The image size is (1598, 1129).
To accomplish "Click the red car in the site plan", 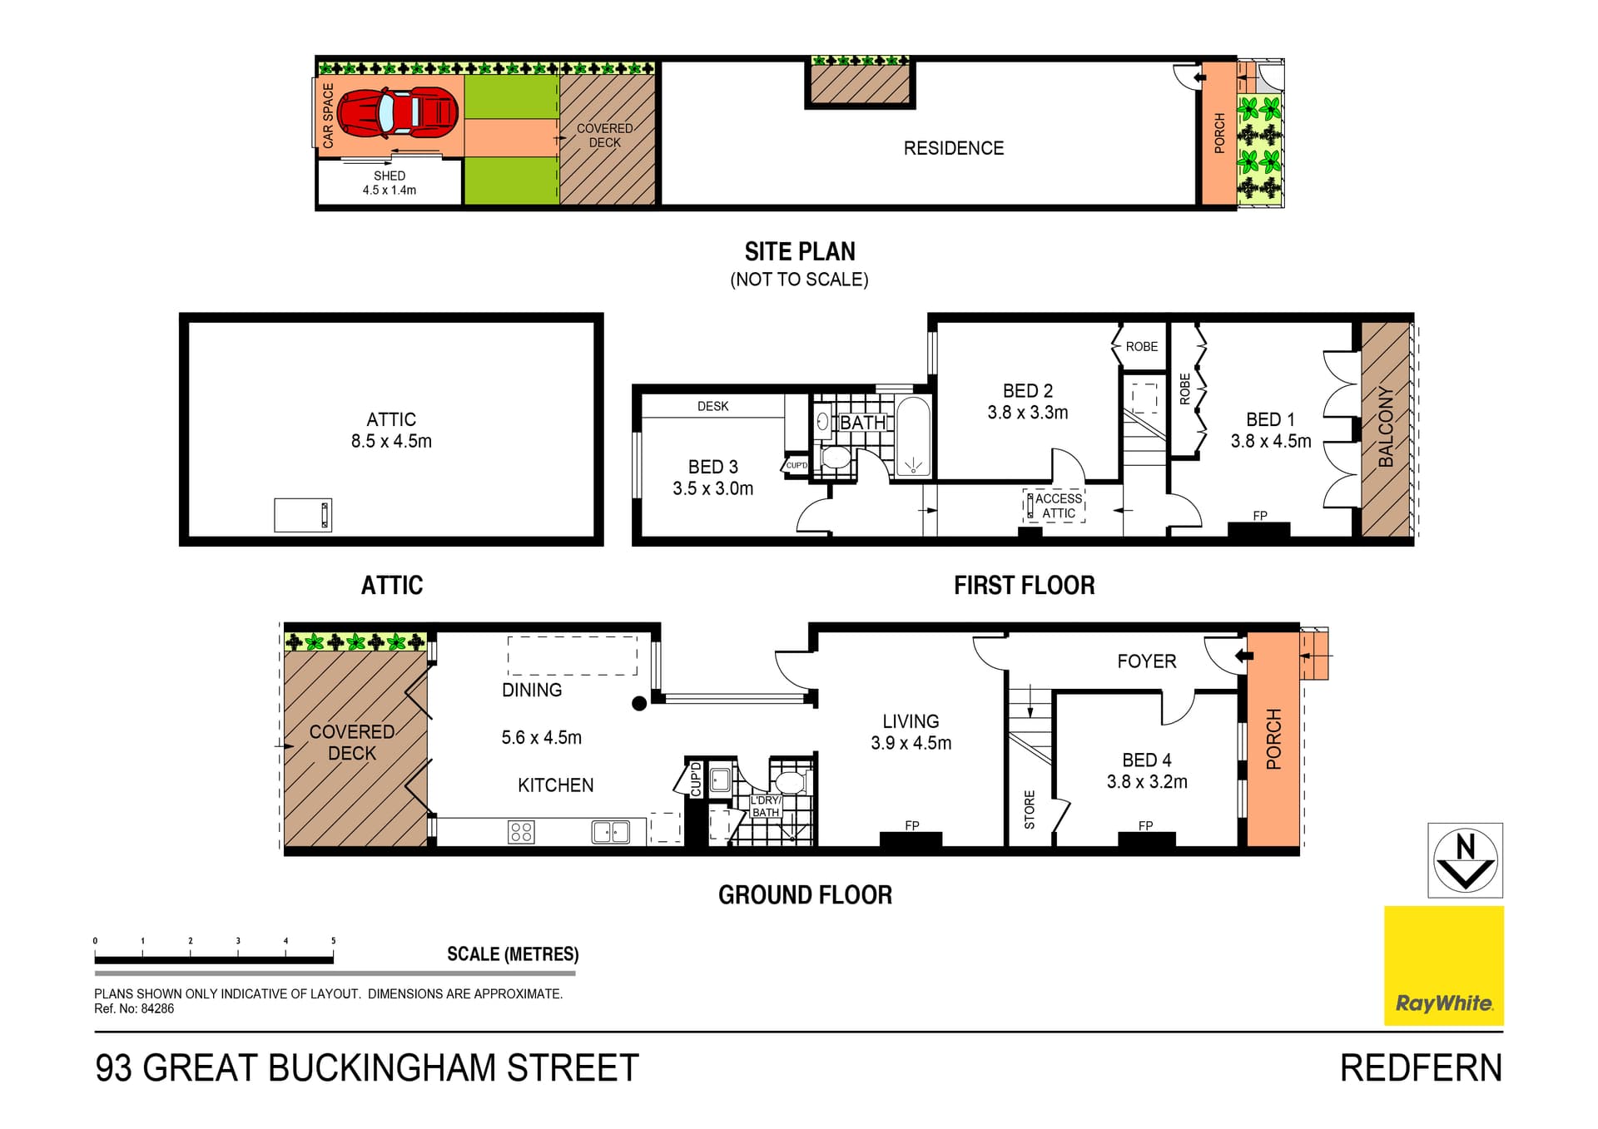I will pyautogui.click(x=398, y=112).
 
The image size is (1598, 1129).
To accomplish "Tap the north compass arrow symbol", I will pyautogui.click(x=1465, y=860).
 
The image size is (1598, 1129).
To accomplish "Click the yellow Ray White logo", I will pyautogui.click(x=1443, y=965).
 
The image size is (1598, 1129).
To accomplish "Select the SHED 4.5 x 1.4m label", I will pyautogui.click(x=390, y=183).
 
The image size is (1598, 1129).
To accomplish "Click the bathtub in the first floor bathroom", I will pyautogui.click(x=913, y=437).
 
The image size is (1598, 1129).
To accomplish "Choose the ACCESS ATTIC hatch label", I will pyautogui.click(x=1058, y=506).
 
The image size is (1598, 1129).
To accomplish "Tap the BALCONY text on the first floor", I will pyautogui.click(x=1386, y=426).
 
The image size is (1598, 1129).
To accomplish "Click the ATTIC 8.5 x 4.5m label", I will pyautogui.click(x=391, y=430).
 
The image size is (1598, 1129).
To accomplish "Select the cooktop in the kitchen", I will pyautogui.click(x=521, y=832).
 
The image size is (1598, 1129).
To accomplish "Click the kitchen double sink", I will pyautogui.click(x=610, y=831).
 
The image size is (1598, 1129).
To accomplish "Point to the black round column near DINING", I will pyautogui.click(x=639, y=704).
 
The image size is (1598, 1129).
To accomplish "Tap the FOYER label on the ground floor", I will pyautogui.click(x=1146, y=661).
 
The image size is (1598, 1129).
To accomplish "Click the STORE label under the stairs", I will pyautogui.click(x=1030, y=810).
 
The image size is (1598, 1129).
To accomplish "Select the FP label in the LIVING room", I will pyautogui.click(x=912, y=825).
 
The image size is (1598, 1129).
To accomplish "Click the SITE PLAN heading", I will pyautogui.click(x=799, y=251).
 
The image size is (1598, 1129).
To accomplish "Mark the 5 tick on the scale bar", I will pyautogui.click(x=333, y=941).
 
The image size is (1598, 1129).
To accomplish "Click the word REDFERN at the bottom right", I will pyautogui.click(x=1421, y=1068).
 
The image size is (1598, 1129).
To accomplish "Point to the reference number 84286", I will pyautogui.click(x=157, y=1008).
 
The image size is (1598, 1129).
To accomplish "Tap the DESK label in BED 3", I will pyautogui.click(x=712, y=406).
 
